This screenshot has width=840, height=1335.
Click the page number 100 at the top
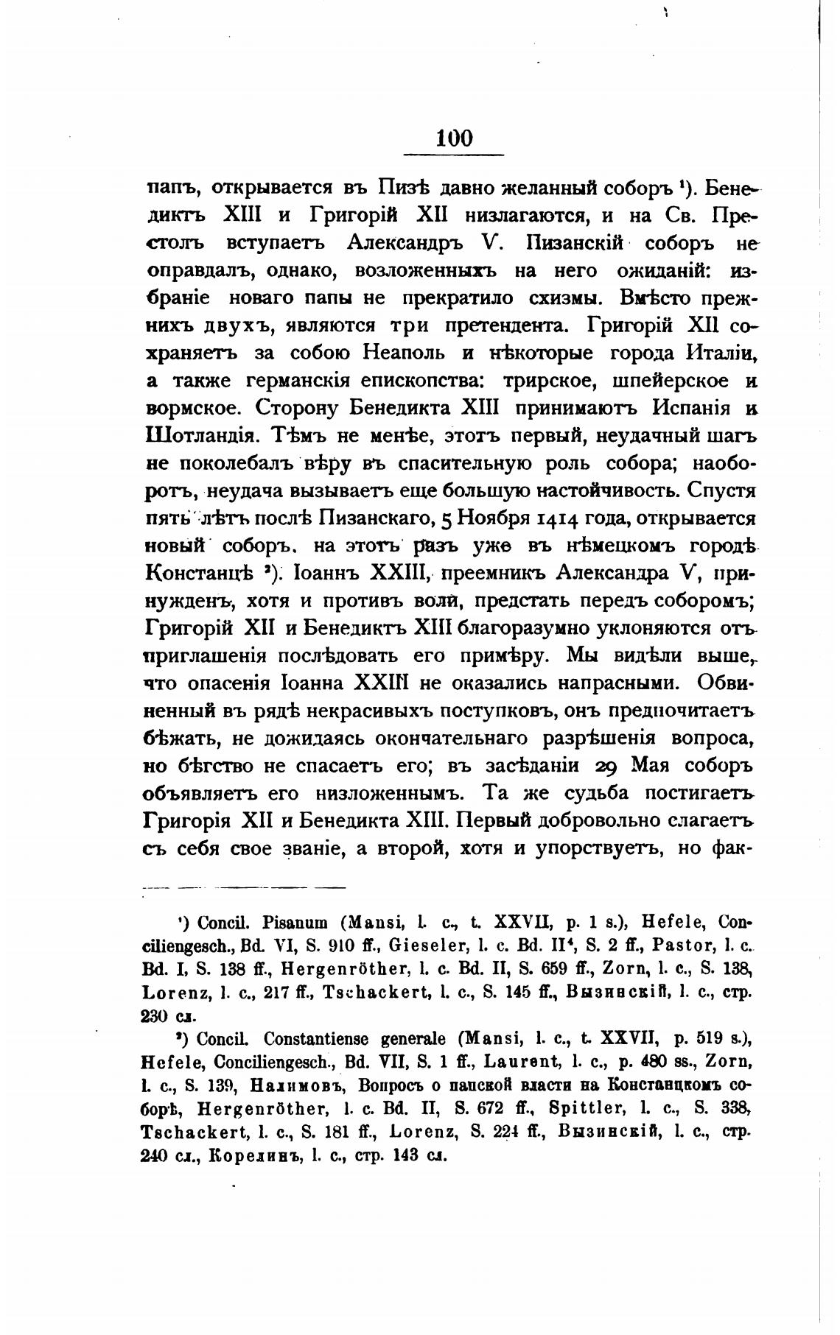[x=453, y=138]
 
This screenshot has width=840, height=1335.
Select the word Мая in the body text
[x=655, y=766]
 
